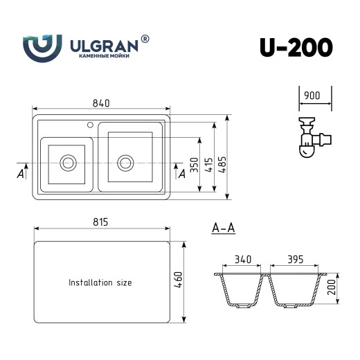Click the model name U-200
click(x=296, y=46)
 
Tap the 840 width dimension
click(x=101, y=103)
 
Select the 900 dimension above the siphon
click(x=311, y=96)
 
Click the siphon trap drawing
click(x=310, y=138)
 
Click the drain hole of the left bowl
click(x=68, y=163)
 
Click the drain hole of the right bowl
click(x=125, y=163)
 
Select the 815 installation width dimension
click(x=101, y=222)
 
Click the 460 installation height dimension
click(x=179, y=281)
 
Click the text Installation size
click(x=100, y=282)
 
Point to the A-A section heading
click(x=223, y=226)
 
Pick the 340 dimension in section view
click(x=242, y=260)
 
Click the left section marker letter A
click(x=21, y=174)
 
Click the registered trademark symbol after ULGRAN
click(x=145, y=39)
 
